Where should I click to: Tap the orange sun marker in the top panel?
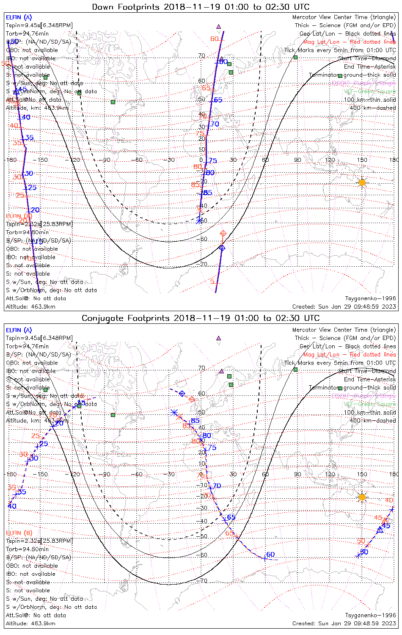pos(362,182)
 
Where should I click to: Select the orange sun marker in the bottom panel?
pos(362,497)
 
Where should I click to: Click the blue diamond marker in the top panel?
pos(222,248)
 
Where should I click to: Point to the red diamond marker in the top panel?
pos(223,234)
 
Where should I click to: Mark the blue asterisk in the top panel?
pos(199,220)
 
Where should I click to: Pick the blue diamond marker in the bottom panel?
pos(182,394)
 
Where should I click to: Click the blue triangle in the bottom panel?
pos(380,529)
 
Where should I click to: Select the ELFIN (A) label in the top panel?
pos(19,17)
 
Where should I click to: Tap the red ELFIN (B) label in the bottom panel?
pos(19,533)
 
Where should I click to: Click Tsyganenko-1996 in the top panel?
pos(370,298)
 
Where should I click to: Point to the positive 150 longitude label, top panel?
pos(362,160)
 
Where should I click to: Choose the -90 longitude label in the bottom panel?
pos(106,474)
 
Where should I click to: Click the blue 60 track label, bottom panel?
pos(270,555)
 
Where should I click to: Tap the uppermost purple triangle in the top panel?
pos(219,26)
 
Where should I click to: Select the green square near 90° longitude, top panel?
pos(295,57)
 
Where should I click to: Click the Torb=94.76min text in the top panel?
pos(27,34)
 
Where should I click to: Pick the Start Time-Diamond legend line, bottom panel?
pos(367,371)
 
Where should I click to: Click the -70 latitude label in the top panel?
pos(204,265)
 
